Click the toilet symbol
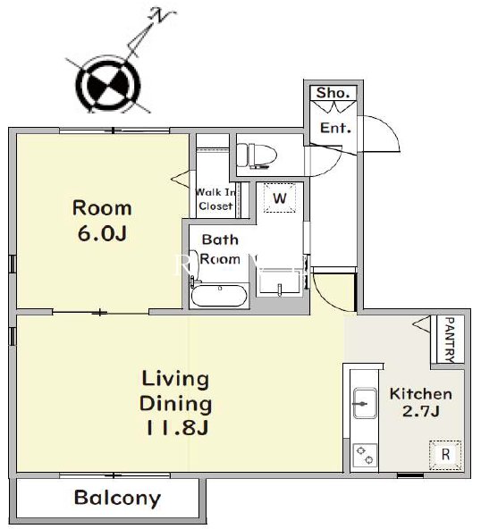[257, 155]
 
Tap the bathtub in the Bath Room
[219, 296]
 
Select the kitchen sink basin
[365, 403]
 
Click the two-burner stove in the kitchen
[365, 455]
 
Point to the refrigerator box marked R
[445, 455]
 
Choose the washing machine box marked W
[280, 197]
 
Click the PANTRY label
[450, 339]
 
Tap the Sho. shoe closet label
[333, 92]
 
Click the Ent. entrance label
[335, 128]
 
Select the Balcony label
[117, 498]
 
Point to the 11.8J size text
[176, 428]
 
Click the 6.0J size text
[102, 233]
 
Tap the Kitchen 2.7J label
[421, 402]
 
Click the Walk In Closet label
[215, 199]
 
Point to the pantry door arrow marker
[422, 324]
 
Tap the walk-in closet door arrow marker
[181, 178]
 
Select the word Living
[175, 380]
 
